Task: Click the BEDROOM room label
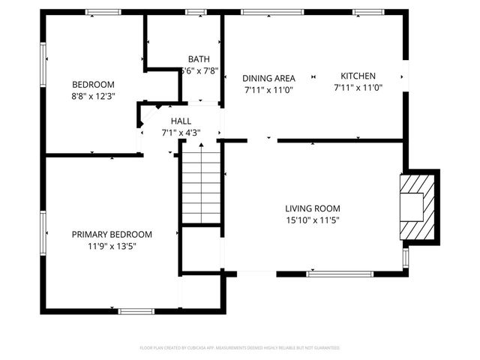coord(93,84)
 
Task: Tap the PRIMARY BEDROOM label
coord(112,234)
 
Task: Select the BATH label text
coord(199,59)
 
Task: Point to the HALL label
coord(181,121)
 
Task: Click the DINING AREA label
coord(268,77)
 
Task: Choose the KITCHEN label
coord(358,76)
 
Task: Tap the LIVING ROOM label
coord(313,208)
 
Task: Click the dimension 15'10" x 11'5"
coord(313,220)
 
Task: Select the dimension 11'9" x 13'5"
coord(112,246)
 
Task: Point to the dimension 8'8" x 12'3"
coord(93,96)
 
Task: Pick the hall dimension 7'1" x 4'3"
coord(181,133)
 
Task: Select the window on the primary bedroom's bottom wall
coord(136,310)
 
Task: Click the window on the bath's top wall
coord(196,11)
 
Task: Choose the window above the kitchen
coord(369,11)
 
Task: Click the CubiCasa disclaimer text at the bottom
coord(240,348)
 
